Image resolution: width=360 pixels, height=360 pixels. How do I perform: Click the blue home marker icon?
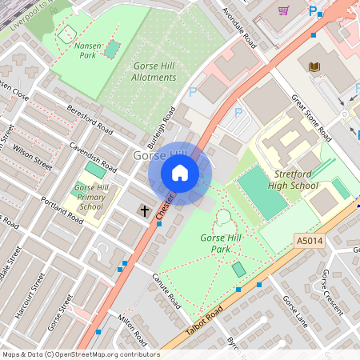[180, 173]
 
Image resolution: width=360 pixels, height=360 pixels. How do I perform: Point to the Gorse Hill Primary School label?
[91, 197]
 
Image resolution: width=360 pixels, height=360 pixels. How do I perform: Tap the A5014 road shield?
[309, 240]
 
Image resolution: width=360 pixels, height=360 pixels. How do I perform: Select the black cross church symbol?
[145, 210]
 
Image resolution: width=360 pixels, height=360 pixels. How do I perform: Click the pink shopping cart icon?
[283, 10]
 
